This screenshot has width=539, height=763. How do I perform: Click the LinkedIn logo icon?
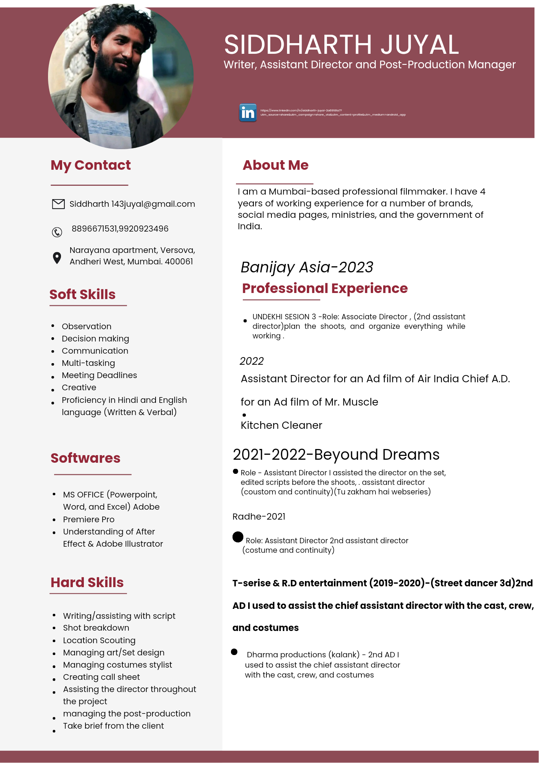tap(248, 113)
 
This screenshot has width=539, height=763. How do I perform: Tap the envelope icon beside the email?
tap(58, 204)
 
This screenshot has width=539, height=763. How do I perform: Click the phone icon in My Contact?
tap(57, 232)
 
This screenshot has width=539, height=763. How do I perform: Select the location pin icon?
tap(57, 258)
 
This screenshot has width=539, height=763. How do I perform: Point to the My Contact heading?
tap(91, 165)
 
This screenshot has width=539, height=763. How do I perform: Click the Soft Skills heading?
tap(82, 295)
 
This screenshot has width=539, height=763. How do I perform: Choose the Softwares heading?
tap(85, 458)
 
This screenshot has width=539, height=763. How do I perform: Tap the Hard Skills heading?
tap(87, 583)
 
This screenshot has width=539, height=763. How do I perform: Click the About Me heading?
tap(276, 165)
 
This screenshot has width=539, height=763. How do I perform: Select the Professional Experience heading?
tap(325, 288)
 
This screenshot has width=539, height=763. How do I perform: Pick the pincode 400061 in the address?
tap(179, 262)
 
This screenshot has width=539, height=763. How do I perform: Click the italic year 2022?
tap(252, 361)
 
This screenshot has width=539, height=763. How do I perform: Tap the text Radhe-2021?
tap(259, 517)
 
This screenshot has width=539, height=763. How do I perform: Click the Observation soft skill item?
tap(87, 327)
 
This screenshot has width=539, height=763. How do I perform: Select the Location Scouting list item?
tap(99, 640)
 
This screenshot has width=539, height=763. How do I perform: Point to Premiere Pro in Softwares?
tap(89, 520)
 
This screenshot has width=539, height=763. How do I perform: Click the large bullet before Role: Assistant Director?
tap(238, 537)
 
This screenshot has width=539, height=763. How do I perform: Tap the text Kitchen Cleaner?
tap(281, 425)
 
